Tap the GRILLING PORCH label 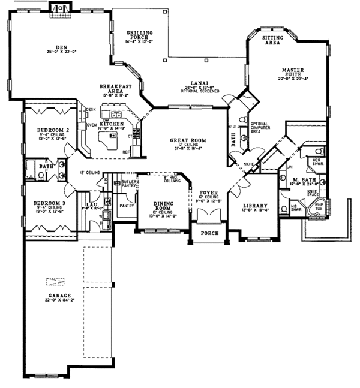139,34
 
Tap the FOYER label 208,193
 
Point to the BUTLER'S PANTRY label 130,184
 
